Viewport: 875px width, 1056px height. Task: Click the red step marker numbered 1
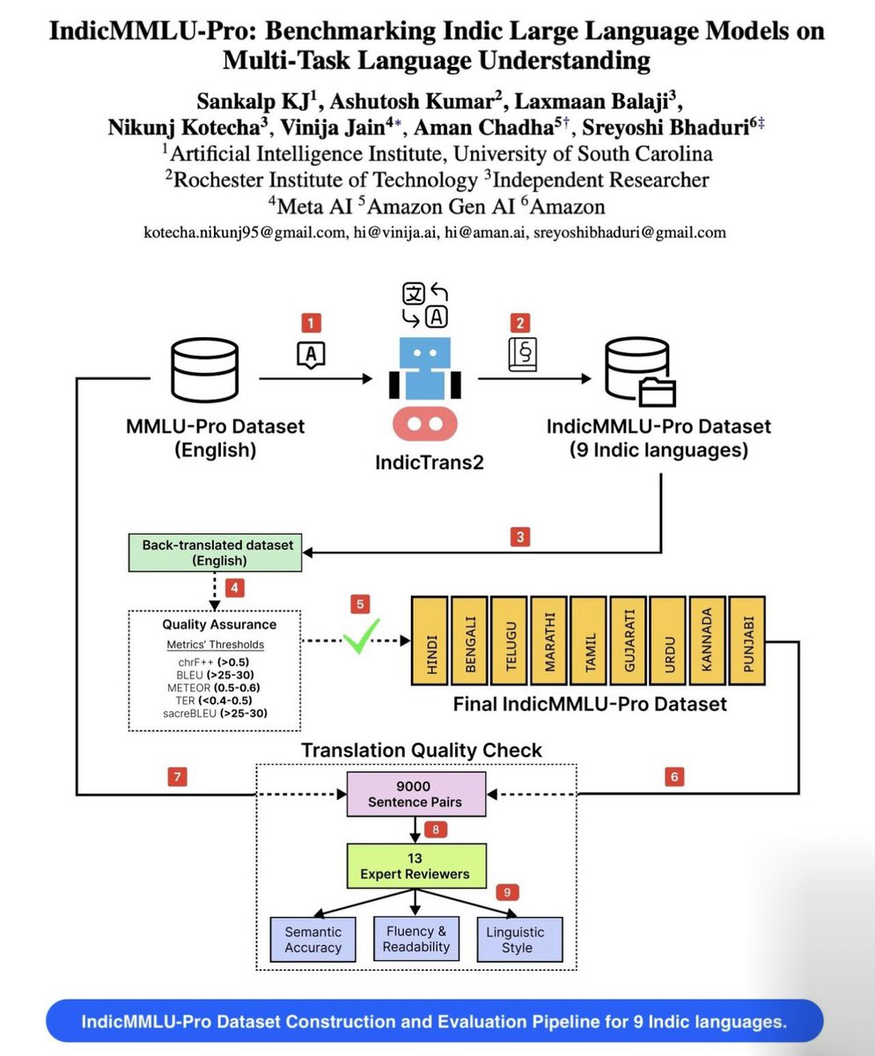[x=311, y=323]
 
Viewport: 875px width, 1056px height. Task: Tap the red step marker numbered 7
[x=177, y=776]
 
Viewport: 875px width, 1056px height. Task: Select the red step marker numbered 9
[x=507, y=892]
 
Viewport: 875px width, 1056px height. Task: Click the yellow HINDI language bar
[x=430, y=641]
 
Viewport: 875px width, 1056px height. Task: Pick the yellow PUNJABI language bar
[x=747, y=641]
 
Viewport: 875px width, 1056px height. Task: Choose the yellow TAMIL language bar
[x=588, y=641]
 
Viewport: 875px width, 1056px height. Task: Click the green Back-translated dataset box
[x=215, y=553]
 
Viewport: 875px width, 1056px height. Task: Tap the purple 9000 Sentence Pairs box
[x=416, y=794]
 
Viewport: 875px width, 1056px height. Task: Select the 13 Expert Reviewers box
[x=416, y=866]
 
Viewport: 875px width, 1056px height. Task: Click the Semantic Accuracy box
[x=312, y=939]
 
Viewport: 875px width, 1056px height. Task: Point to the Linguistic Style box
[x=519, y=939]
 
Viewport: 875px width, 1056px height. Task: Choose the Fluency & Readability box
[x=416, y=939]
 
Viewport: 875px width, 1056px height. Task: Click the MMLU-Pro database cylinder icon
[x=205, y=370]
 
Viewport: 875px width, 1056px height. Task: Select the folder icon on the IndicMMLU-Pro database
[x=657, y=392]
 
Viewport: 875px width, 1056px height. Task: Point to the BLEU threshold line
[x=215, y=675]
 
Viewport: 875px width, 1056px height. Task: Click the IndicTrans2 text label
[x=430, y=462]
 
